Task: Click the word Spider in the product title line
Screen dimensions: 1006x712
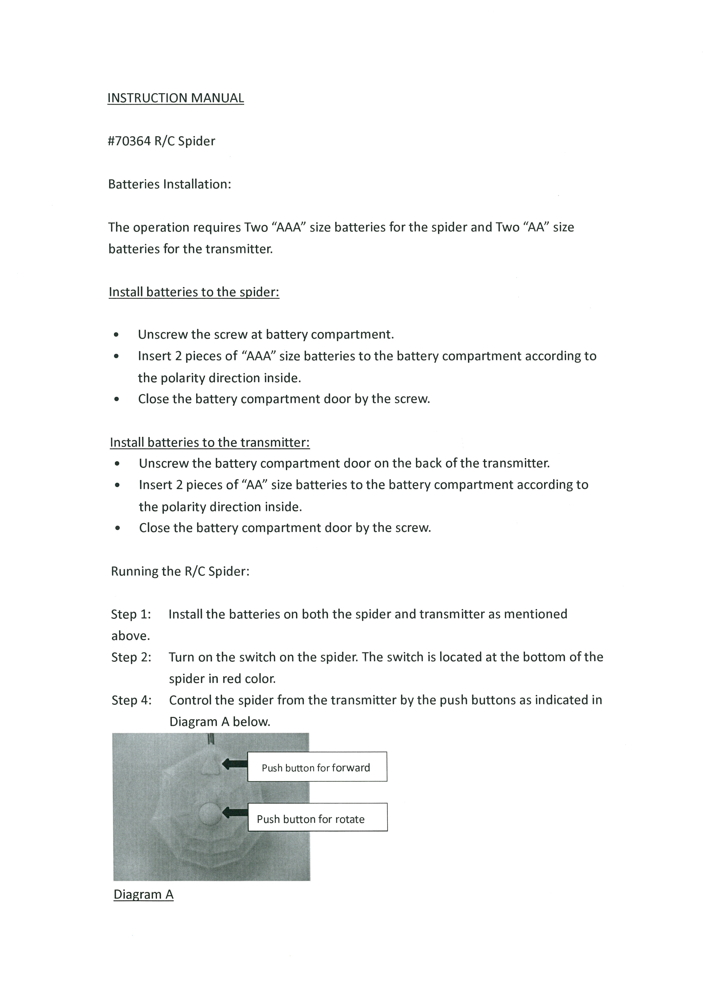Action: pos(196,141)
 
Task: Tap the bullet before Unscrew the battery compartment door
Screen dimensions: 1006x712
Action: pos(117,464)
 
